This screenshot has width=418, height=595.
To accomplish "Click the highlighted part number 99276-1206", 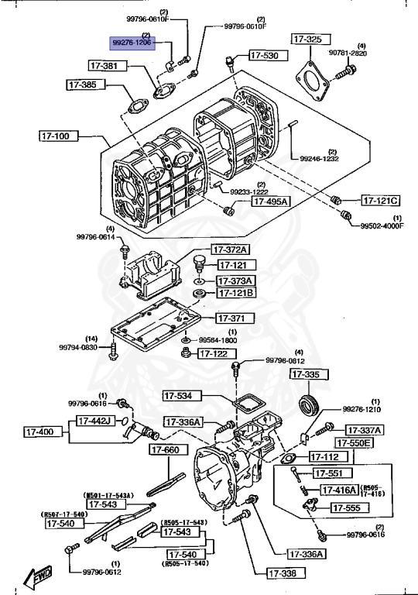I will (x=132, y=43).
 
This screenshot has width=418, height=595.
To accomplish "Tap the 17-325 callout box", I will (x=307, y=39).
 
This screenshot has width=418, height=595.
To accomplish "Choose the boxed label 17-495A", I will (x=269, y=201).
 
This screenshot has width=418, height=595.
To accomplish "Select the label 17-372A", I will (x=232, y=249).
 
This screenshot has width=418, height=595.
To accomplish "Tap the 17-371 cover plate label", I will (x=230, y=318).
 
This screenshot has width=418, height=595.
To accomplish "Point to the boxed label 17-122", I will (x=214, y=353).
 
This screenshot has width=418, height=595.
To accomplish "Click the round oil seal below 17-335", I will (x=310, y=404).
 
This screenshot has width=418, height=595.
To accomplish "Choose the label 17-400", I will (x=39, y=432).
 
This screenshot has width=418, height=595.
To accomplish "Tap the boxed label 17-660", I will (x=165, y=450).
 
